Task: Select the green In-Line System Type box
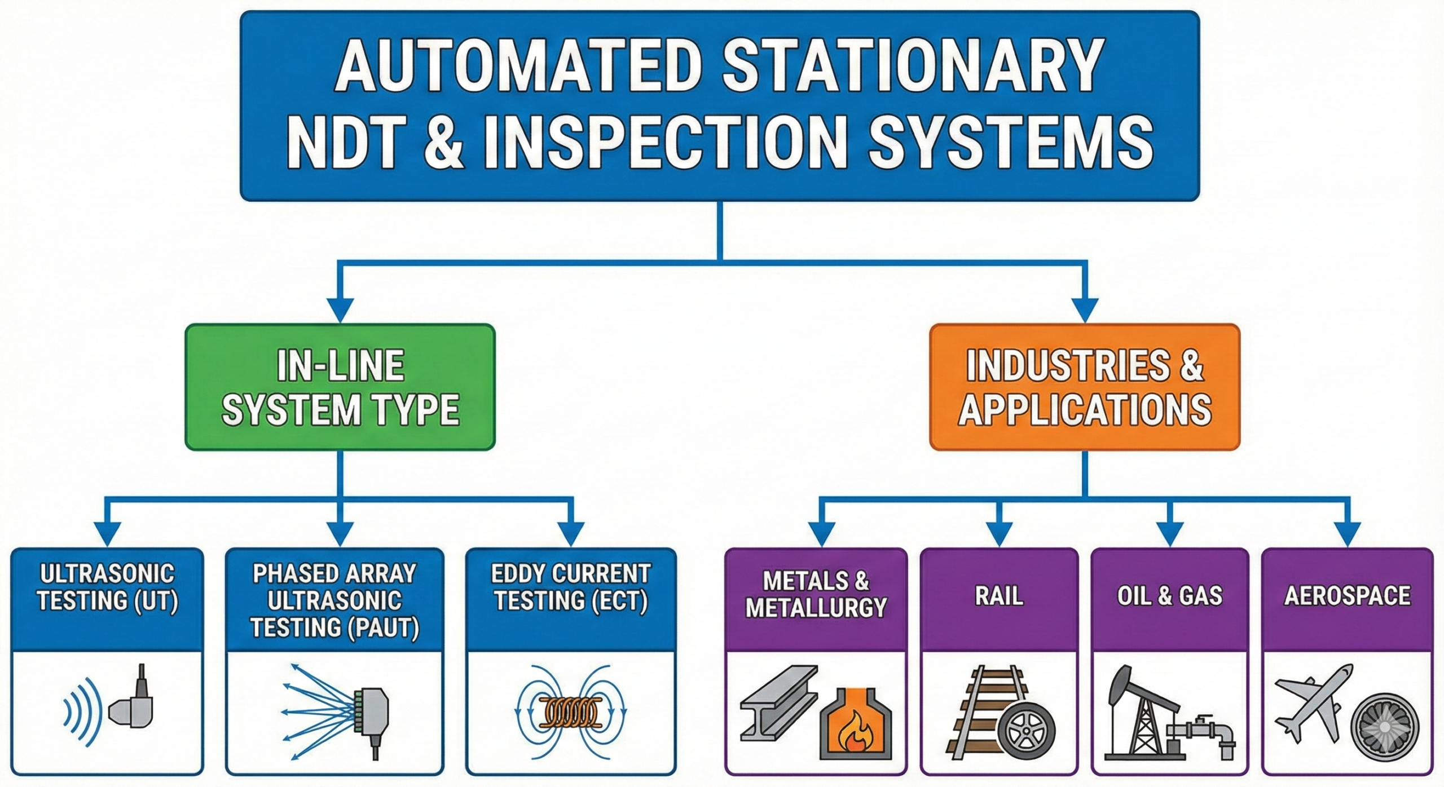(x=340, y=387)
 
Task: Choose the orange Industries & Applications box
(x=1084, y=387)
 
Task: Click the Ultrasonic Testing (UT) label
(x=107, y=587)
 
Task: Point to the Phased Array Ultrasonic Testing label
(x=334, y=600)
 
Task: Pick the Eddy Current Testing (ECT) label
(x=571, y=587)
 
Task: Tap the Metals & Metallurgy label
(x=816, y=594)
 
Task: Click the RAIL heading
(x=999, y=596)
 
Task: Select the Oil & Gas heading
(x=1169, y=596)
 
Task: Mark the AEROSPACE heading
(x=1347, y=596)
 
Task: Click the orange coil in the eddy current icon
(x=571, y=713)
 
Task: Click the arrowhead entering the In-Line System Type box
(x=340, y=310)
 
